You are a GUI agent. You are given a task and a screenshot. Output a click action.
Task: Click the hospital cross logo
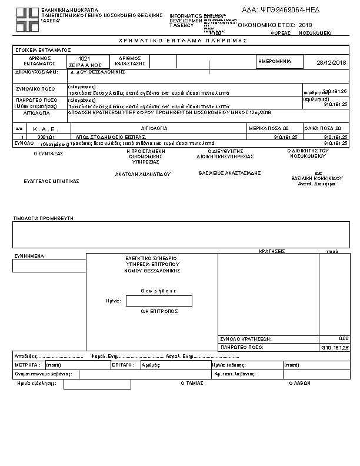(26, 21)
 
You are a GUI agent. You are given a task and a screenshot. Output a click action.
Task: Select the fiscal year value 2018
(305, 25)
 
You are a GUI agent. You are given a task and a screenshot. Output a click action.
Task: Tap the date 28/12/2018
(332, 62)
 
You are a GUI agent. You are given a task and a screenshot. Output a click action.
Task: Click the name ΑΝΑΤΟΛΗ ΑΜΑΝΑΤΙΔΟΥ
(142, 174)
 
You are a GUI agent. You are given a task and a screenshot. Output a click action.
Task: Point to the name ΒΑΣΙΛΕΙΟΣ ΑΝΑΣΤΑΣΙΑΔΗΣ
(229, 173)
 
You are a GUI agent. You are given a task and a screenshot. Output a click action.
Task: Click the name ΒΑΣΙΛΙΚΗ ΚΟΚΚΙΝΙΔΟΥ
(316, 178)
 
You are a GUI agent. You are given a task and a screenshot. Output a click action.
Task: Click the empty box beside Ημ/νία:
(159, 301)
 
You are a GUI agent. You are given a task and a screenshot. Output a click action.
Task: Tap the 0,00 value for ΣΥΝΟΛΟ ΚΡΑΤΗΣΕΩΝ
(344, 339)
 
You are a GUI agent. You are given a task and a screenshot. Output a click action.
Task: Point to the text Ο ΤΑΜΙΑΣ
(191, 382)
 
